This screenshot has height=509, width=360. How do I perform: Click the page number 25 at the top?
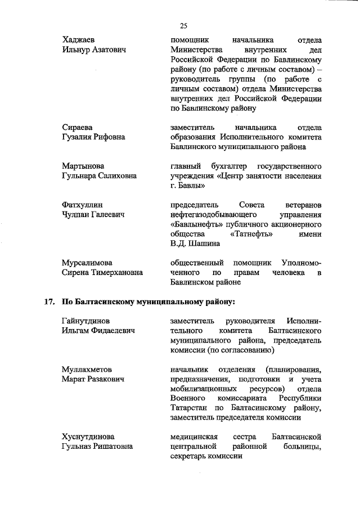coord(183,25)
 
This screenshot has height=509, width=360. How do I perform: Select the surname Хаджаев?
coord(78,40)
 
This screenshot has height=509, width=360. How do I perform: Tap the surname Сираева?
coord(77,127)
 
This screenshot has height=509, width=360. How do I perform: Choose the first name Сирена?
coord(75,273)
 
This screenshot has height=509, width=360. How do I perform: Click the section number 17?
coord(48,301)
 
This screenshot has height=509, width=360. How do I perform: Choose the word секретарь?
coord(187,456)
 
